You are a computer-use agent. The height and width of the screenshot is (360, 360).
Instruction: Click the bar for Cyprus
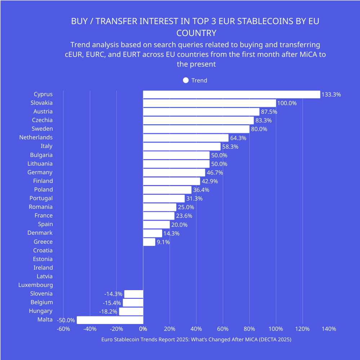point(231,94)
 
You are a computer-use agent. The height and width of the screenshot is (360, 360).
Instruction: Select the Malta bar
point(110,320)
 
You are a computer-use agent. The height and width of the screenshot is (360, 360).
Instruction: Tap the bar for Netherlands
point(186,138)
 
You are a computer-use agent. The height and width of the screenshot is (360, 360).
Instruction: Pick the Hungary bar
point(131,311)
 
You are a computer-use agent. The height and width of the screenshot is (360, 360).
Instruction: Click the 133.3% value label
point(331,95)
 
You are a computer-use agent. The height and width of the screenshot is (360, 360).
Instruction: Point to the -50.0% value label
point(66,320)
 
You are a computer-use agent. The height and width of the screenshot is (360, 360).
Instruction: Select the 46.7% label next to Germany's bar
point(215,173)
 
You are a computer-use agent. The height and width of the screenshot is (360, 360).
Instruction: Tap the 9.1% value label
point(163,242)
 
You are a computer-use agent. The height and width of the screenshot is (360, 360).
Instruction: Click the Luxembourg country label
point(36,285)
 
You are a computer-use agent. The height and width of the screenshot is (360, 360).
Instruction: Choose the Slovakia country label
point(41,103)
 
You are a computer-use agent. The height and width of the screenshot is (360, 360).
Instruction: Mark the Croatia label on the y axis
point(43,251)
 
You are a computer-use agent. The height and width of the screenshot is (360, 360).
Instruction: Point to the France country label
point(44,216)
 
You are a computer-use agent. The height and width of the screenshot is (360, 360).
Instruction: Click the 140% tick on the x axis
point(329,329)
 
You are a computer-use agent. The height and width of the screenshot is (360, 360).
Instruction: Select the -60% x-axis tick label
point(63,329)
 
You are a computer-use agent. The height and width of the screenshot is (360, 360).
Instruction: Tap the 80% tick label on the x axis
point(249,329)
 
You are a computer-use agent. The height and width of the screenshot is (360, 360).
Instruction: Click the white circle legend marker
point(186,80)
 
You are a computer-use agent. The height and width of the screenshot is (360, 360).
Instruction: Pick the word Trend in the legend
point(199,80)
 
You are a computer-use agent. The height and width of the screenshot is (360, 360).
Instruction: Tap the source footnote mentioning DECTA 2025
point(196,339)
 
